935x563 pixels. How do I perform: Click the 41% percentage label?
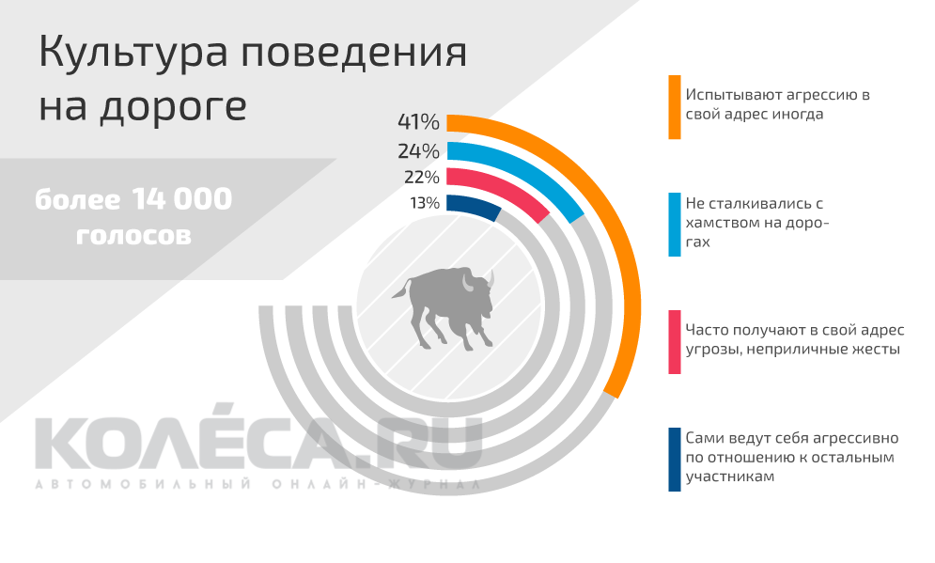(418, 122)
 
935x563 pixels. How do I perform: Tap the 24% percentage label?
(418, 150)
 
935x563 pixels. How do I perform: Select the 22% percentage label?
(421, 177)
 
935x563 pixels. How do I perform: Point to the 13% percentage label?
(424, 202)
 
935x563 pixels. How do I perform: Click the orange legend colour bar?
(674, 107)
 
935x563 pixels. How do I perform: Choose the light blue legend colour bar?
(674, 225)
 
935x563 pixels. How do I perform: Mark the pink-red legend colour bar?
(674, 341)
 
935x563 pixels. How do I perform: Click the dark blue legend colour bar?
(674, 459)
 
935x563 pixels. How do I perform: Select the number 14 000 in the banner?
(182, 199)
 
